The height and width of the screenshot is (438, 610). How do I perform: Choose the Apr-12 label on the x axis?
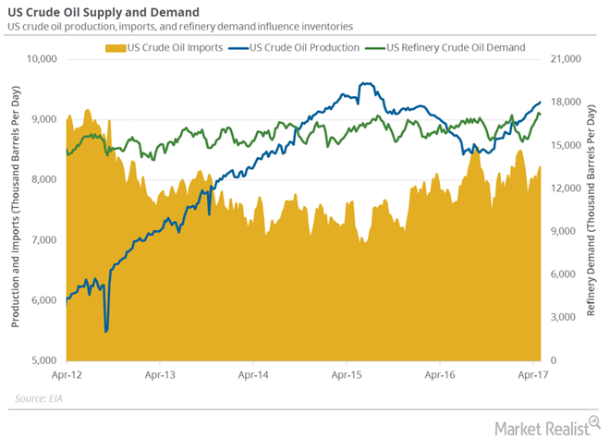point(67,375)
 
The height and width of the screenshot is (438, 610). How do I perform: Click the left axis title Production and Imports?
point(16,209)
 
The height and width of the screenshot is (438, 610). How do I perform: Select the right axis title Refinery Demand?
point(592,209)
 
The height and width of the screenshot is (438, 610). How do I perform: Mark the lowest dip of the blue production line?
point(106,331)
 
